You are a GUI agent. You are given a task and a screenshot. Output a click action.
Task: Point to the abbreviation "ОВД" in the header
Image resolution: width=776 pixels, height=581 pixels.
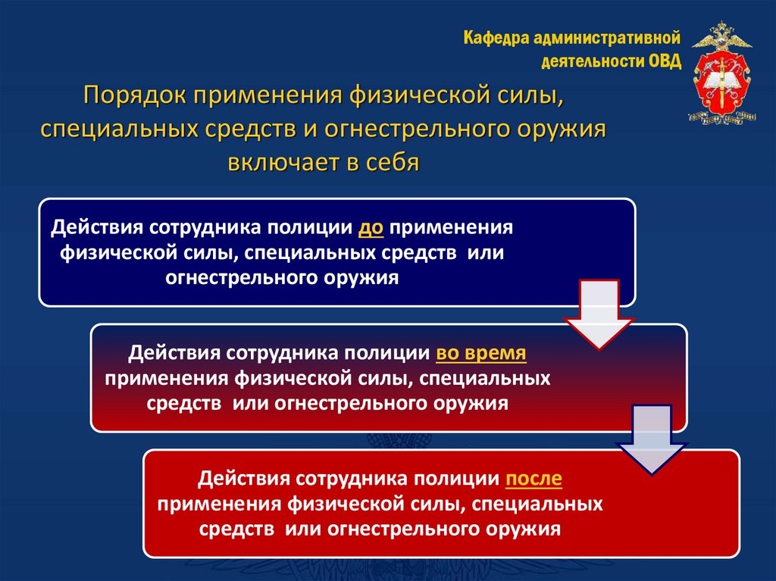click(665, 61)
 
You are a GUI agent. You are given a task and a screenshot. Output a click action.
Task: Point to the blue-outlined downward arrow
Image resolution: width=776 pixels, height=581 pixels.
click(651, 439)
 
